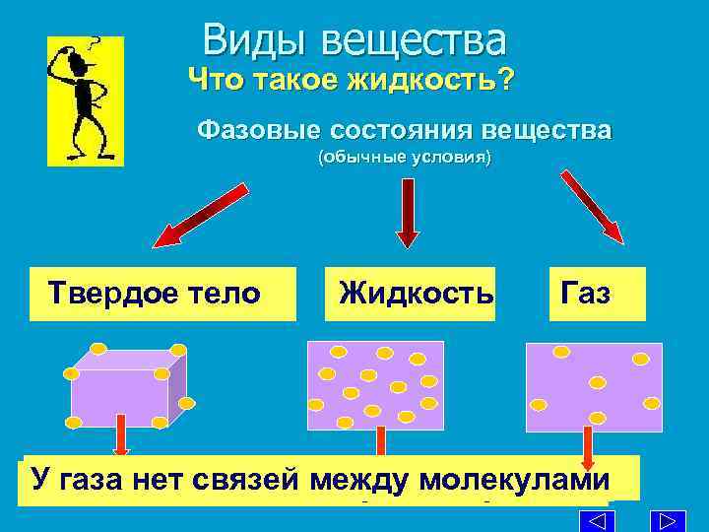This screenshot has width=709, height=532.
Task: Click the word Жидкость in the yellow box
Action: pyautogui.click(x=416, y=293)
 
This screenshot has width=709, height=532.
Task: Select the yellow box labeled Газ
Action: pyautogui.click(x=598, y=294)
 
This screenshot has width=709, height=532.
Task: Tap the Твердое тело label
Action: pyautogui.click(x=156, y=293)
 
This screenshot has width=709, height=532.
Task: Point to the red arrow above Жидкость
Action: pyautogui.click(x=407, y=211)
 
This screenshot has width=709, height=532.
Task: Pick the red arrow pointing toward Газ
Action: pyautogui.click(x=592, y=206)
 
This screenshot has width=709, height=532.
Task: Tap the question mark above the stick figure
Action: pyautogui.click(x=96, y=44)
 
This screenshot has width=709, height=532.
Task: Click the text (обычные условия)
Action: pyautogui.click(x=403, y=158)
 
